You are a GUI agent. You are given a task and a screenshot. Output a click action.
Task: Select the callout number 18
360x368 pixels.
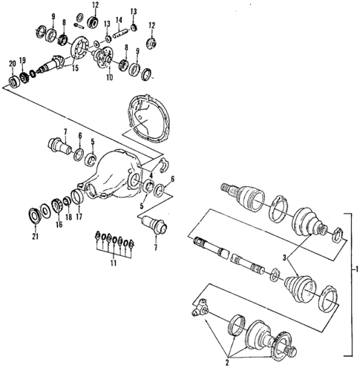68,220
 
